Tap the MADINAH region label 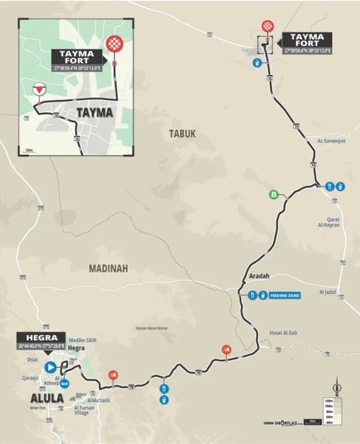pos(108,268)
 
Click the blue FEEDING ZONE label pos(285,296)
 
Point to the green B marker pos(273,194)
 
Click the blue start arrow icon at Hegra pos(50,366)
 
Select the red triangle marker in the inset pos(39,89)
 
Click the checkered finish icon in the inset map pos(114,44)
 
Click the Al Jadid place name pos(328,292)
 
